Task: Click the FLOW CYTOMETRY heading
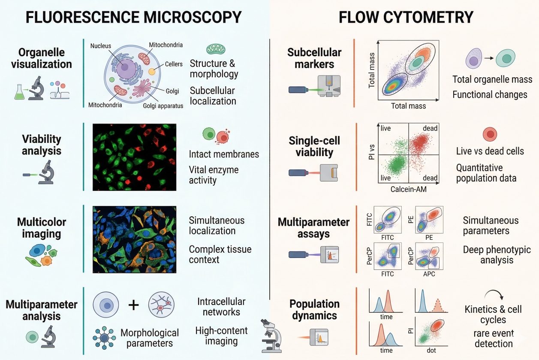click(406, 17)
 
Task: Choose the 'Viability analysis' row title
click(42, 145)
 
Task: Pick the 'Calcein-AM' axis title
click(408, 189)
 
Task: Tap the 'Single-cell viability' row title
click(314, 147)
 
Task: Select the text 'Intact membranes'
click(224, 154)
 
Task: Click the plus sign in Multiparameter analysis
click(134, 305)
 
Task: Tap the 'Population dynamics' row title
click(314, 310)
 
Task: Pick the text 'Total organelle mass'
click(492, 79)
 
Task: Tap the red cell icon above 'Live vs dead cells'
click(490, 134)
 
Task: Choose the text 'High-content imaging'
click(221, 336)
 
